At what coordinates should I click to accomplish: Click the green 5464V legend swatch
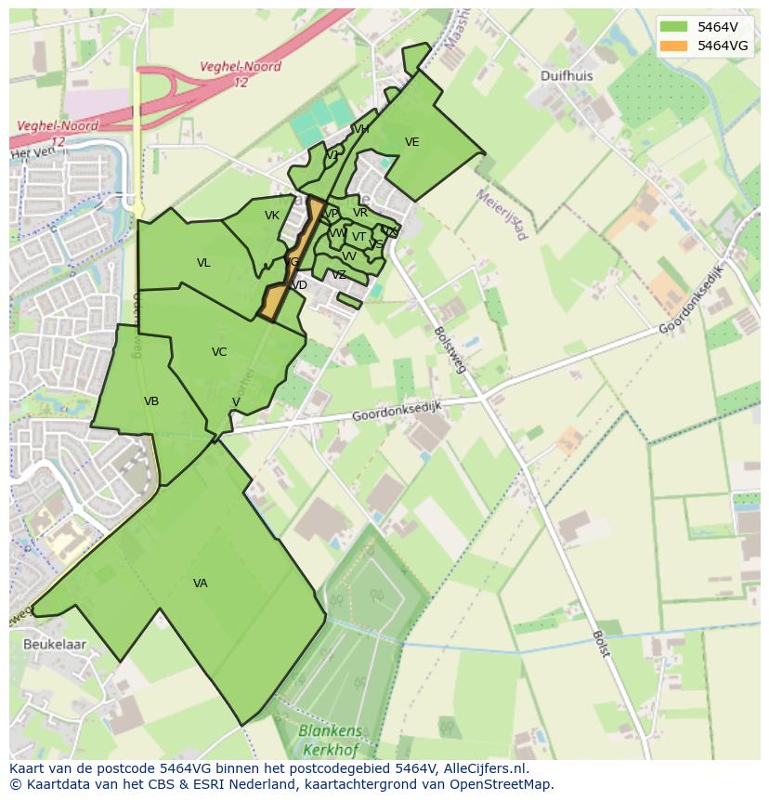point(675,27)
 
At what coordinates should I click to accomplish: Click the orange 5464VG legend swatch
point(675,45)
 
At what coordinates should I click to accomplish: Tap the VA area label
point(201,584)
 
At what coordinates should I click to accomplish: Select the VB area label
point(151,401)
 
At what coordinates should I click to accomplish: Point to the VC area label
point(219,352)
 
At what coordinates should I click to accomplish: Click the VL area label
point(203,263)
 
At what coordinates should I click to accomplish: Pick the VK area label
point(272,216)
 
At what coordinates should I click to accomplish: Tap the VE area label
point(412,142)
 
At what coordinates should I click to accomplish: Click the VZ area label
point(339,275)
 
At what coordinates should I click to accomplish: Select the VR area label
point(360,213)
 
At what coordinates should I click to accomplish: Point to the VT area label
point(358,236)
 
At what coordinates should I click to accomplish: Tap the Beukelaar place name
point(55,644)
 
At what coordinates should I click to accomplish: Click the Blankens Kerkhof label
point(331,739)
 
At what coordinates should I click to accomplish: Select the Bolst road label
point(601,643)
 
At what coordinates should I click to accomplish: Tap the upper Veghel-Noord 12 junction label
point(240,74)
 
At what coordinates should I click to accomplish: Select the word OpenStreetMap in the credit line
point(502,784)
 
